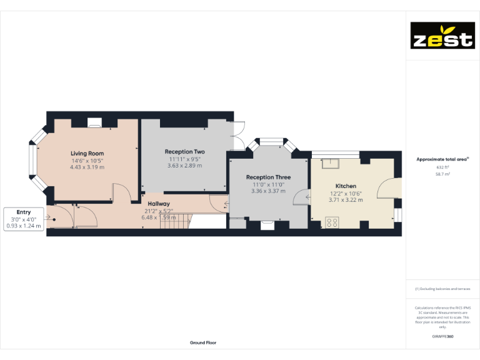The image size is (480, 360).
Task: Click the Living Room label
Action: point(87,153)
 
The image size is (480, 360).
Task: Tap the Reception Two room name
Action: point(184,152)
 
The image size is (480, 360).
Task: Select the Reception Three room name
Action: point(268,177)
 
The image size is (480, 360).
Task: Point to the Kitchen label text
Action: point(346,186)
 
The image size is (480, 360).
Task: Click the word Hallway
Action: point(159,204)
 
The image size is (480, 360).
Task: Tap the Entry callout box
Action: point(23,219)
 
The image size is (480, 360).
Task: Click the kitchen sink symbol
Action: point(329,164)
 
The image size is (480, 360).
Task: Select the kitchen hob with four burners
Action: point(332,221)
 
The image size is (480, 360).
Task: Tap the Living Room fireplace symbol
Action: point(94,125)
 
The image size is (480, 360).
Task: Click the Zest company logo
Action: point(442,36)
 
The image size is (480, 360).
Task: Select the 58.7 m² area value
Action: point(442,174)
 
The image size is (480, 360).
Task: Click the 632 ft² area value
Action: point(442,167)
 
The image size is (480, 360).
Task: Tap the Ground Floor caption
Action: point(203,342)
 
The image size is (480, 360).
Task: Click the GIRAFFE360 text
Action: point(442,337)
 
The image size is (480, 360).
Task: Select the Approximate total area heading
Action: point(442,159)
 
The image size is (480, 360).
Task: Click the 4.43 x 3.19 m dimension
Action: point(87,167)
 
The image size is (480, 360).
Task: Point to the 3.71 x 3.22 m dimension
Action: point(346,200)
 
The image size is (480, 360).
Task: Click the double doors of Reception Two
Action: point(238,135)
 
